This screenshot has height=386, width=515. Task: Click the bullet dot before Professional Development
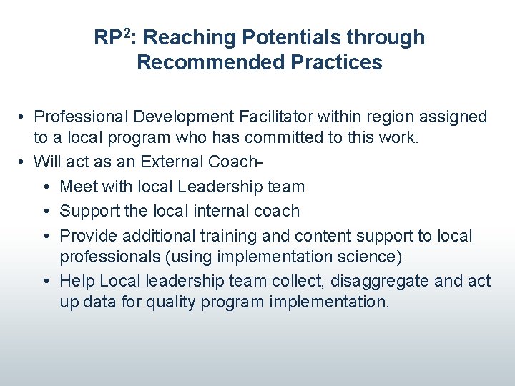click(x=23, y=117)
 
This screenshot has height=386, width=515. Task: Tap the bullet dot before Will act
click(x=23, y=162)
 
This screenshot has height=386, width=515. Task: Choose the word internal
click(x=215, y=211)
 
